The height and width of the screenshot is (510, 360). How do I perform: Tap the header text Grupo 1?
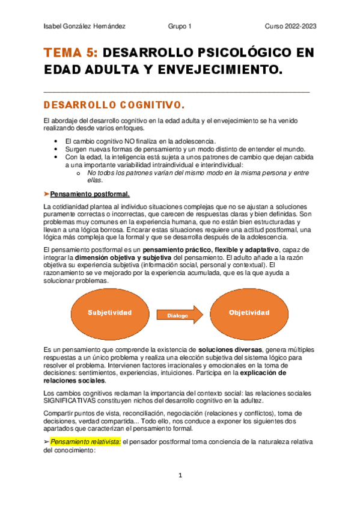(180, 26)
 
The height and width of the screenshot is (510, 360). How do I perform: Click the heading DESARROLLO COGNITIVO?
(110, 105)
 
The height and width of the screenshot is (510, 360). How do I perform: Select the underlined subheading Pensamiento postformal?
(90, 194)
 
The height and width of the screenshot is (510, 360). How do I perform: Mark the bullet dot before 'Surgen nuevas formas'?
(56, 149)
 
